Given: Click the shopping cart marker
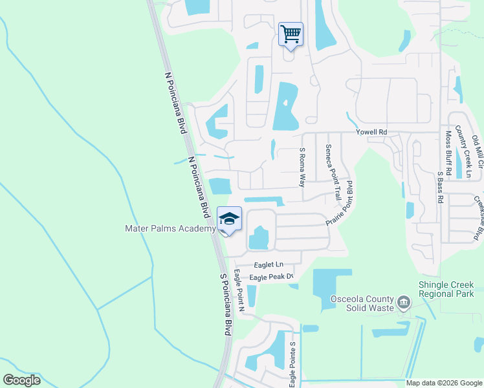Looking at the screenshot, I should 291,33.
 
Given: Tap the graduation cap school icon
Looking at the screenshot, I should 229,220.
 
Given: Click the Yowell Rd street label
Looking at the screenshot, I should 371,132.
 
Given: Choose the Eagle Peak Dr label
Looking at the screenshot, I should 272,277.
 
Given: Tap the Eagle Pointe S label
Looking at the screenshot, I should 292,360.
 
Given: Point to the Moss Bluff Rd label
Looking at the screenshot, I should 448,149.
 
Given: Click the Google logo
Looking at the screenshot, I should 21,380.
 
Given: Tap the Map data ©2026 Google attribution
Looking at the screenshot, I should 444,383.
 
